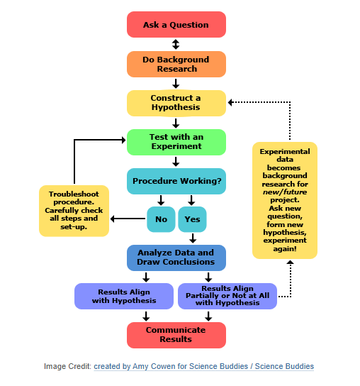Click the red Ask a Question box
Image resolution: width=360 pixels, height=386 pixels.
coord(176,25)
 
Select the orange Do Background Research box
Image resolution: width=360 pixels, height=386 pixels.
coord(176,65)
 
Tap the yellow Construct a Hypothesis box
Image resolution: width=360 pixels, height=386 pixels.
coord(176,103)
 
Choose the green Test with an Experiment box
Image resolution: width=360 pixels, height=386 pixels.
coord(176,141)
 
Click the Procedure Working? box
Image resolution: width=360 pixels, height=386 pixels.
coord(176,181)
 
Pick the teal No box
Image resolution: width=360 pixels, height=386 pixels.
coord(161,219)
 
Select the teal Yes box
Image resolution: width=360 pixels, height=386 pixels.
coord(192,219)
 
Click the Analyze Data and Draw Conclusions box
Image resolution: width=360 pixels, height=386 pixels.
coord(176,258)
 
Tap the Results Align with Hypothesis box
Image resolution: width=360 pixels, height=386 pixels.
coord(124,296)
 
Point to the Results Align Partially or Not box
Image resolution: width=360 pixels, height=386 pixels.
coord(228,296)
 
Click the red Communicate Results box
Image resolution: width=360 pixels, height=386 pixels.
coord(176,335)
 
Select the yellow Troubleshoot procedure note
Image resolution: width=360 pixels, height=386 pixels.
coord(74,211)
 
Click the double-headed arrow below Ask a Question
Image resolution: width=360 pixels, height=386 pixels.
coord(176,45)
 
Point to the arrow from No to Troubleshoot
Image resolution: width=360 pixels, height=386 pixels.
coord(128,219)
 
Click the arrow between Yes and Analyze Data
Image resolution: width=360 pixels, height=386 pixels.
coord(192,238)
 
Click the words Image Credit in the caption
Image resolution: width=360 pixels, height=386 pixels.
coord(67,367)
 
